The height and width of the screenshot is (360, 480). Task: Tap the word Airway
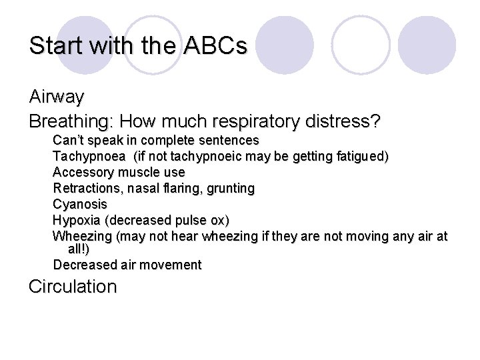(x=57, y=97)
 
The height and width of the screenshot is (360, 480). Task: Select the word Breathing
(x=71, y=122)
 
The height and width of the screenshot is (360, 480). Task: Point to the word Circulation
(x=73, y=287)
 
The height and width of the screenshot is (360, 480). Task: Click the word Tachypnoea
(x=89, y=157)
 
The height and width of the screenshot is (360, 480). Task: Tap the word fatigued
(x=364, y=157)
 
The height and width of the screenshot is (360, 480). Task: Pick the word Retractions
(x=86, y=189)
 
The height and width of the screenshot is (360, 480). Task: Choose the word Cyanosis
(x=79, y=204)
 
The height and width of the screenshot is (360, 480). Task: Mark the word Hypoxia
(x=77, y=220)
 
